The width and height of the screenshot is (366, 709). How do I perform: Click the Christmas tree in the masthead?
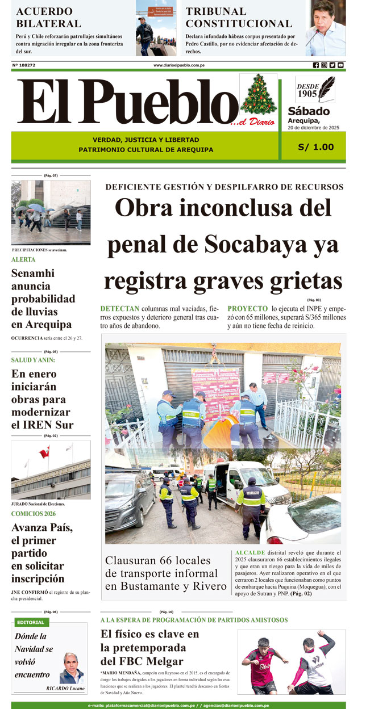[259, 95]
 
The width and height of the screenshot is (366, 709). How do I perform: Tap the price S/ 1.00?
[316, 147]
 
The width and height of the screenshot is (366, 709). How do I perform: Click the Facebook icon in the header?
[316, 65]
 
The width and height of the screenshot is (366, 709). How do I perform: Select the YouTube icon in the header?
[340, 65]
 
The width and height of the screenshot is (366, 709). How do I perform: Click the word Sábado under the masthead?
[309, 111]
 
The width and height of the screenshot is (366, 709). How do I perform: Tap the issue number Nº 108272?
[24, 65]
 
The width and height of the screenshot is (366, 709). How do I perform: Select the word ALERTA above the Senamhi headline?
[23, 259]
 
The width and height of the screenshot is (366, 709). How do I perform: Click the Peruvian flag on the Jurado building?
[44, 453]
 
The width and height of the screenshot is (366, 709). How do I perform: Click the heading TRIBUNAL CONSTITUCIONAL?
[239, 18]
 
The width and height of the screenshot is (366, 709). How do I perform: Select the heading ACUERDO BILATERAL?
[48, 18]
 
